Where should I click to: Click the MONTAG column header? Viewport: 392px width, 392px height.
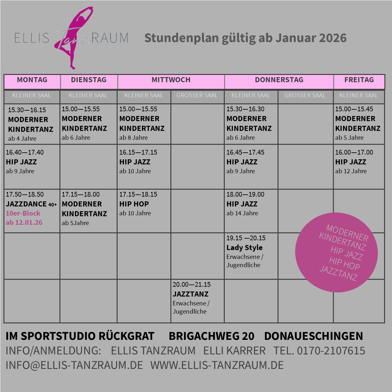coord(32,80)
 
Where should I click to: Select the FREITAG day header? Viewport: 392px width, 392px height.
coord(359,80)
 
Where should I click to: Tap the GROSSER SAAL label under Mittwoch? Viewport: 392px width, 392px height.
coord(197,95)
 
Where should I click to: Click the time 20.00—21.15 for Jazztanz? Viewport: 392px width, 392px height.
coord(192,285)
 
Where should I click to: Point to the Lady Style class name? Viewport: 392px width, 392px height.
coord(244,248)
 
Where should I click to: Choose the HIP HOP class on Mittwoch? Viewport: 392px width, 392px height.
coord(134,204)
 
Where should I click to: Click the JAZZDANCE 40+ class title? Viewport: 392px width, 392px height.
coord(31,204)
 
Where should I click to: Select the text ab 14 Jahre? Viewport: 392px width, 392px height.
coord(242,213)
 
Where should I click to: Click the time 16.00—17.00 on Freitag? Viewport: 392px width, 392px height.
coord(354,152)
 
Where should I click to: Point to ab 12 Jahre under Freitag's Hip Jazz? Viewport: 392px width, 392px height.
coord(351,171)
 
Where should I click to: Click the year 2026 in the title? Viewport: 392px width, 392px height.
coord(333,38)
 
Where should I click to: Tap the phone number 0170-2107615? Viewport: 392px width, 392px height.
coord(331,351)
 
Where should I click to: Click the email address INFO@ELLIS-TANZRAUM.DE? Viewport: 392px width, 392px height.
coord(74,365)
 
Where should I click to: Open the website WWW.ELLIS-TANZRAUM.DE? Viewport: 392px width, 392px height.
coord(217,365)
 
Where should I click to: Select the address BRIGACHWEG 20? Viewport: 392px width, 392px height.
coord(211,336)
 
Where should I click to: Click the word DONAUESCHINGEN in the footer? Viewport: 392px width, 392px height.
coord(314,336)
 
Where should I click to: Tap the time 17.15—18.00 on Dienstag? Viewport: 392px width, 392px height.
coord(81,194)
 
